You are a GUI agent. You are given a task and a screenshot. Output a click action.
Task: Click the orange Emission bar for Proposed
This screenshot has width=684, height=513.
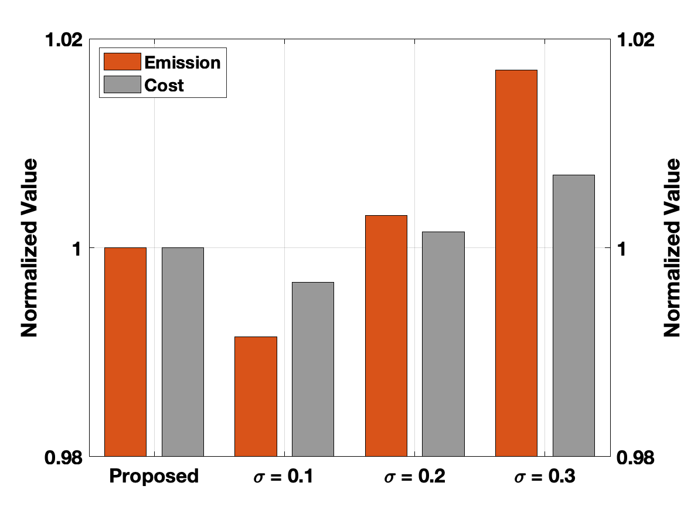coord(125,352)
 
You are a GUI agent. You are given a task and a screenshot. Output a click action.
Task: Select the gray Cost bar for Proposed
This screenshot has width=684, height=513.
coord(183,352)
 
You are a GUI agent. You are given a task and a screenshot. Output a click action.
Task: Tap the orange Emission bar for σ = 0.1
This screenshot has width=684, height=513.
coord(256,396)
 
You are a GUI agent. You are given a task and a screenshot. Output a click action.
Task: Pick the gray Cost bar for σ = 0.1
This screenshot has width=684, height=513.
coord(313,369)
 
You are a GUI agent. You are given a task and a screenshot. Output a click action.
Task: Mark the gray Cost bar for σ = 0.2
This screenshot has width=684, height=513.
coord(443,344)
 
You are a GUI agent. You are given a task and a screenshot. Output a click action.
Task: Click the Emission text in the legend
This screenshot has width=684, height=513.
coord(183,62)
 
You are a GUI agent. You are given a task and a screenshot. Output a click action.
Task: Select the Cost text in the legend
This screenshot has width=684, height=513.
coord(164,86)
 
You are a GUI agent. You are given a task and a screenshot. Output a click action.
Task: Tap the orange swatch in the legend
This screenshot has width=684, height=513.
coord(122,62)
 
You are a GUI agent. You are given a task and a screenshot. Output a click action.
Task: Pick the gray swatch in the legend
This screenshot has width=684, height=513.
coord(122,85)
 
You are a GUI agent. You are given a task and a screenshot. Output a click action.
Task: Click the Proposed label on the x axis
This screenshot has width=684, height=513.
coord(154,476)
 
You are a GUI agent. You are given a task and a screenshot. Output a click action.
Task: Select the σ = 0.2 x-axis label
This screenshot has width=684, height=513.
coord(414,477)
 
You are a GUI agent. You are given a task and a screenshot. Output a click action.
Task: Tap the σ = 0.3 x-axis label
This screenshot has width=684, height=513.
coord(545,477)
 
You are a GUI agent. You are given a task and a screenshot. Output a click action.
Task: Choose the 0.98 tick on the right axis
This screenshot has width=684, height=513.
coord(635,456)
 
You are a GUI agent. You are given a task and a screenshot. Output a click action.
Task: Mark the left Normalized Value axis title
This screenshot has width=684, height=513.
coord(29,248)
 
